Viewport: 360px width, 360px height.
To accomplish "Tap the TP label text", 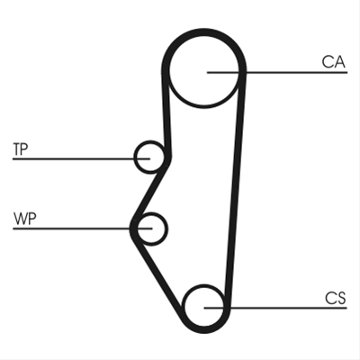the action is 21,149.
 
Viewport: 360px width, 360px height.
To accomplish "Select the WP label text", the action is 24,219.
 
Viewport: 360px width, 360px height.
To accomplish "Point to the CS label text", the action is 336,298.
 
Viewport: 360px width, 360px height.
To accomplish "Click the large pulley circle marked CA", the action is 204,107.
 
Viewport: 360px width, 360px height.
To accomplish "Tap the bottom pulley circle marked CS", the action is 204,286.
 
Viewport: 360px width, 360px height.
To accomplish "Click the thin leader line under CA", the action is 277,72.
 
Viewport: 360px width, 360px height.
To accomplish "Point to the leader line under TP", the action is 81,158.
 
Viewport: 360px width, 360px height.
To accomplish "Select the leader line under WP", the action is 83,229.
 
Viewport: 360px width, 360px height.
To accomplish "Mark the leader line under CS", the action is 275,308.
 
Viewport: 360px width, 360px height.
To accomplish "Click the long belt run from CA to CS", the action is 236,189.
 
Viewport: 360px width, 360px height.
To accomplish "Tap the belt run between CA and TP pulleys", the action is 166,114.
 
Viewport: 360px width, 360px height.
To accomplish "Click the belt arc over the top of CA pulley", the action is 204,31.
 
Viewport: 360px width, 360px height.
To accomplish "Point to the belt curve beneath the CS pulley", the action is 204,330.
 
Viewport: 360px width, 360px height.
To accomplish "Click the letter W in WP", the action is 20,219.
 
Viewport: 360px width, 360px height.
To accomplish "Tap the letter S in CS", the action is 341,298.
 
